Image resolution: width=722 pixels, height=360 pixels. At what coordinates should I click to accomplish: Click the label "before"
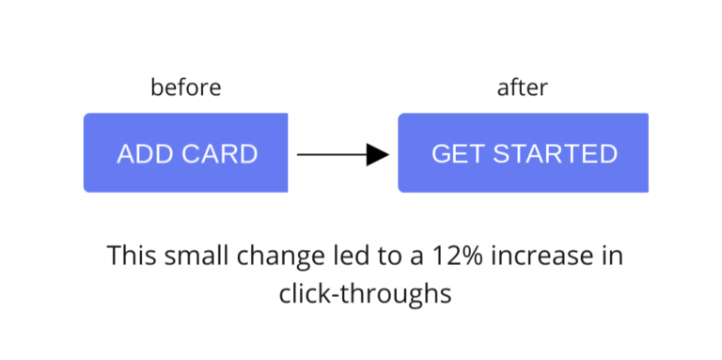(x=185, y=88)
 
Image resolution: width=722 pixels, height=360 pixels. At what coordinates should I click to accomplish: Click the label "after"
(x=522, y=88)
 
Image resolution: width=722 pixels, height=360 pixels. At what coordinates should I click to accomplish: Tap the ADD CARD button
(x=186, y=153)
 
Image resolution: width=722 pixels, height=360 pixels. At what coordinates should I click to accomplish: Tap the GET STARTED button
(x=524, y=153)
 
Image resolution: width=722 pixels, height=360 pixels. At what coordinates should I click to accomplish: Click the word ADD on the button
(x=139, y=154)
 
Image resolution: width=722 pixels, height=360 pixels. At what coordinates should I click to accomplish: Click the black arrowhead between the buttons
(x=377, y=154)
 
